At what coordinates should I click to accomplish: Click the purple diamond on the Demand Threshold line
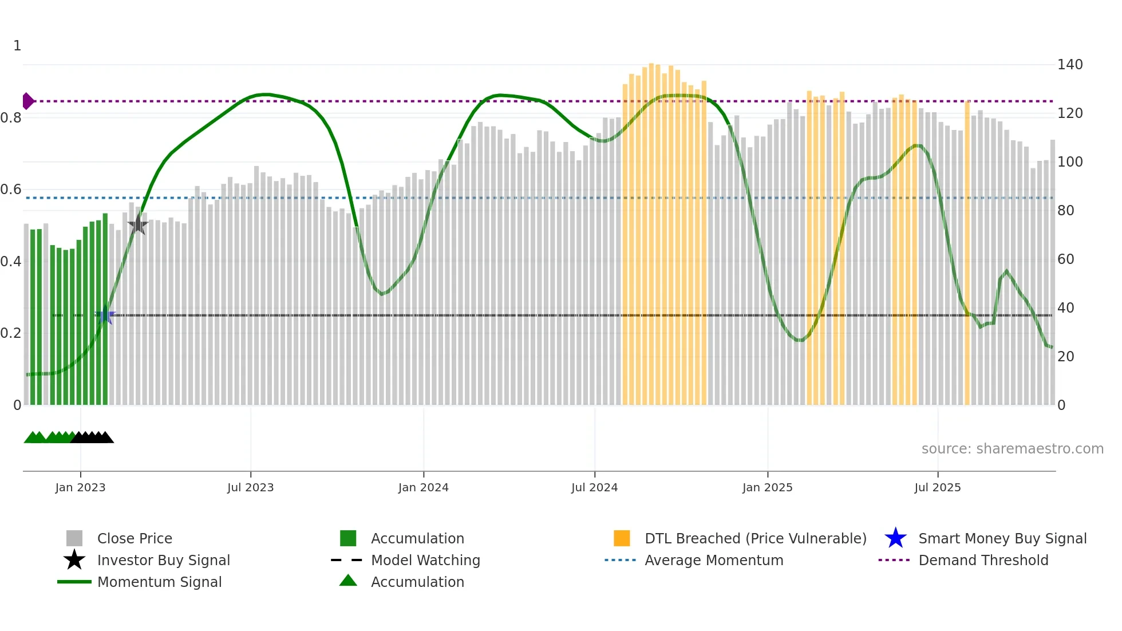[27, 101]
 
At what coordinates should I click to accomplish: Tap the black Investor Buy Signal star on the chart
[137, 225]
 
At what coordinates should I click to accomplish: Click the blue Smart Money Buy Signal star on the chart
[105, 315]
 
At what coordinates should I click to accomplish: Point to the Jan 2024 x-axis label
[423, 487]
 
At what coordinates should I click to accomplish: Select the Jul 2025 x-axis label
[937, 487]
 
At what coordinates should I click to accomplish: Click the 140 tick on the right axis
[1069, 65]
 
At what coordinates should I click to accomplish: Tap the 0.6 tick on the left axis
[11, 190]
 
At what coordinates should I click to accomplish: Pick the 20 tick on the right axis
[1065, 357]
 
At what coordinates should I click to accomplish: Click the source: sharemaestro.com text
[1012, 449]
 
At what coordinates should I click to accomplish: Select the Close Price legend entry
[135, 538]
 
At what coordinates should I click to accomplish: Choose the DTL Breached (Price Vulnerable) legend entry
[755, 538]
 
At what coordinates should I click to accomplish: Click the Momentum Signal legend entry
[159, 582]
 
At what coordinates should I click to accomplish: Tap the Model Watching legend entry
[425, 560]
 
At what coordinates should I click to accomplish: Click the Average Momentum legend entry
[713, 560]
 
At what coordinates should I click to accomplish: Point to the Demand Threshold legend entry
[983, 560]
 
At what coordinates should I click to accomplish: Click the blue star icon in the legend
[895, 538]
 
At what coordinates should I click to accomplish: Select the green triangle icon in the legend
[348, 581]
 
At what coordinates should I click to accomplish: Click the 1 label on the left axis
[17, 46]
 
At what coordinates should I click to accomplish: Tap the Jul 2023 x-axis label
[250, 487]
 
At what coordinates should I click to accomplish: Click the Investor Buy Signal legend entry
[163, 560]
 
